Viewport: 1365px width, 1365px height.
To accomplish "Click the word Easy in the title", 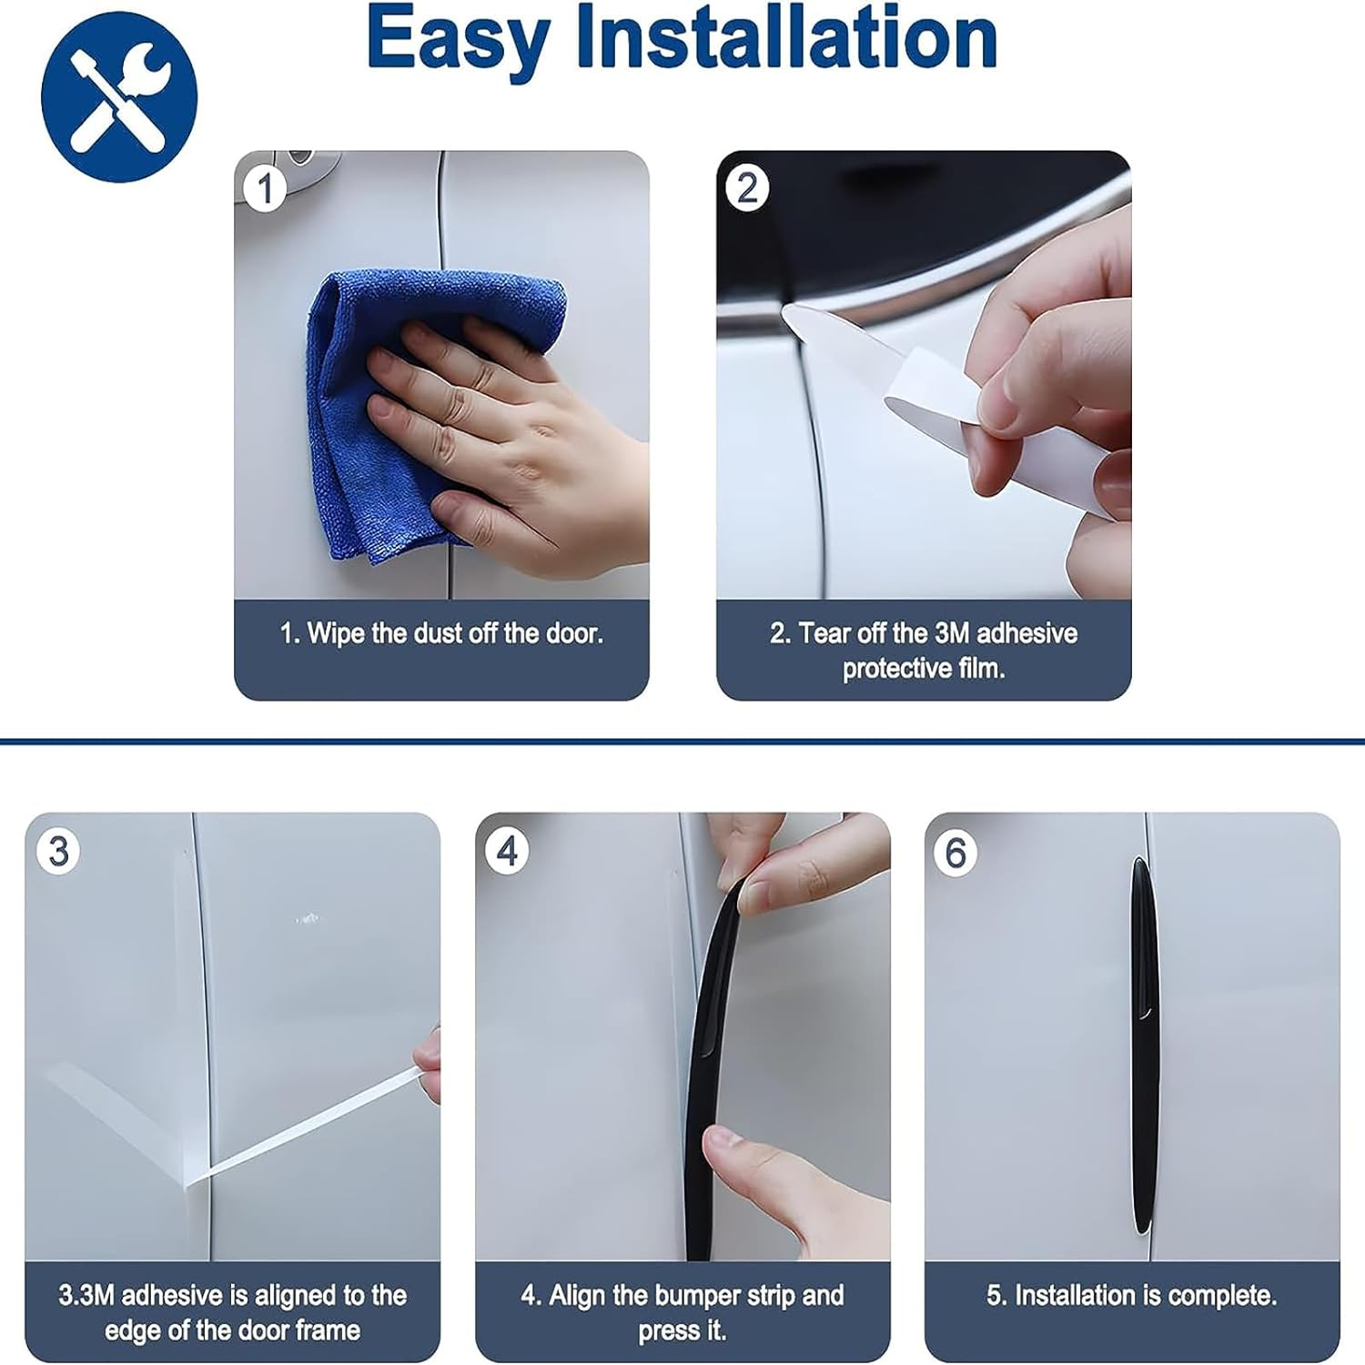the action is tap(458, 41).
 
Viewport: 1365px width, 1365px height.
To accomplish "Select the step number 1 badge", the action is tap(265, 189).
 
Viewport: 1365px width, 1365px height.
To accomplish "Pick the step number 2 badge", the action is tap(747, 188).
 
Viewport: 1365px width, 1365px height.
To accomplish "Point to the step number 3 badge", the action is tap(58, 852).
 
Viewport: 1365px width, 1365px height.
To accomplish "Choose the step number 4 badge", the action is tap(507, 852).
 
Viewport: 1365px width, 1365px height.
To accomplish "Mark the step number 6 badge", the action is tap(955, 853).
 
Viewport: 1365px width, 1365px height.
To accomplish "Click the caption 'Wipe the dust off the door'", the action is tap(441, 633).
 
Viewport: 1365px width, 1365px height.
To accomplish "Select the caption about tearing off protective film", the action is tap(924, 650).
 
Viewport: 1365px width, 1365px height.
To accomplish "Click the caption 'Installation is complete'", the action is tap(1132, 1295).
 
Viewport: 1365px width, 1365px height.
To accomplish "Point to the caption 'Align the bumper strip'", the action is tap(682, 1312).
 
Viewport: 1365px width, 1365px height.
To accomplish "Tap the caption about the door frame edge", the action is tap(233, 1312).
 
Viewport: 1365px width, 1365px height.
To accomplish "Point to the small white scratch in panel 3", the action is tap(308, 918).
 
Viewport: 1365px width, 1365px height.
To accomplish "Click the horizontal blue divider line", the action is tap(682, 742).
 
